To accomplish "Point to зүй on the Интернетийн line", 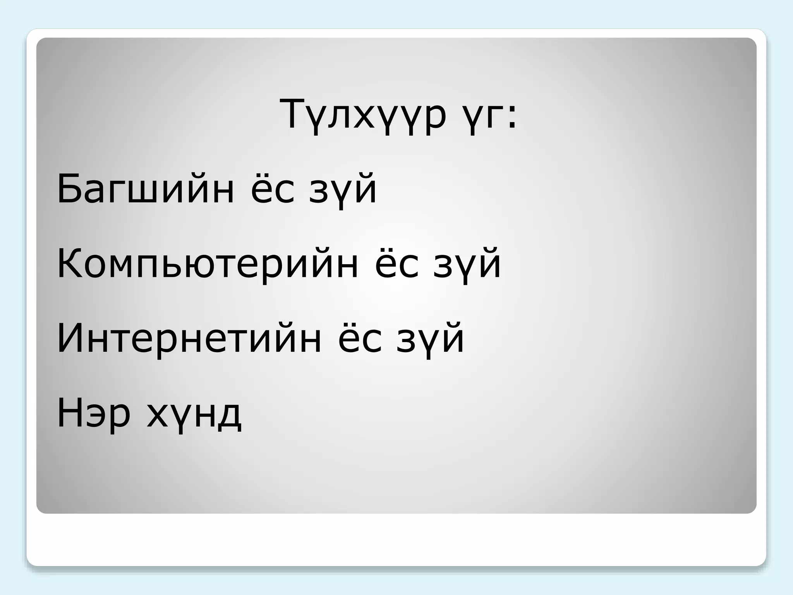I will pyautogui.click(x=430, y=339).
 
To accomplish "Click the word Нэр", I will pyautogui.click(x=93, y=413).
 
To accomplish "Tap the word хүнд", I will pyautogui.click(x=194, y=414).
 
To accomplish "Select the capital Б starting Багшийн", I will pyautogui.click(x=69, y=189).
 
